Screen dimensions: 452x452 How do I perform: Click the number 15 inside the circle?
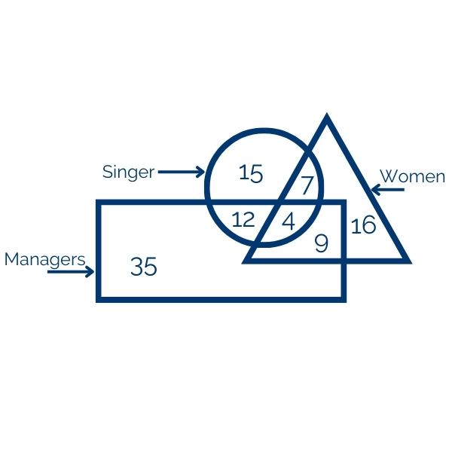tap(251, 173)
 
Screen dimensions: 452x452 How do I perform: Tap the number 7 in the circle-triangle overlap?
tap(307, 185)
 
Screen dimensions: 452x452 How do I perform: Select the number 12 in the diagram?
tap(243, 219)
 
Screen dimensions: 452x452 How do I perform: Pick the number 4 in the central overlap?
tap(289, 222)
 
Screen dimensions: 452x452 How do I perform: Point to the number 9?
tap(322, 243)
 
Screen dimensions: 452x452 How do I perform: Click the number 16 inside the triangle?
tap(364, 224)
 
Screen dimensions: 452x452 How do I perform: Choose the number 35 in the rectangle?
tap(144, 266)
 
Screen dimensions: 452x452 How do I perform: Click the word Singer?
tap(129, 172)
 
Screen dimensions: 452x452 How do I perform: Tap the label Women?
tap(413, 176)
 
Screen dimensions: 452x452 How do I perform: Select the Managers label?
tap(45, 260)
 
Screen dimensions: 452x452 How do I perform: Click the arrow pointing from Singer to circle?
tap(182, 172)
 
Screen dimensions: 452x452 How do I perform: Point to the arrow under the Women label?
tap(388, 190)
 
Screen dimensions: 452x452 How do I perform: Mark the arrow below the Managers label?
tap(71, 271)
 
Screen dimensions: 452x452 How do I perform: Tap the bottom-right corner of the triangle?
tap(411, 263)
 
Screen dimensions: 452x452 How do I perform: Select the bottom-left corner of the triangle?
tap(242, 263)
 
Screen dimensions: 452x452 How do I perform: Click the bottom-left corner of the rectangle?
tap(96, 302)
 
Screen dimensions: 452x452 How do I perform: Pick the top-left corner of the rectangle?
tap(96, 200)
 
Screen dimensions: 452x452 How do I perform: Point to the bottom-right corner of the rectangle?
tap(346, 302)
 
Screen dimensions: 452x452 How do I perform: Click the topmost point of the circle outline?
tap(264, 128)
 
